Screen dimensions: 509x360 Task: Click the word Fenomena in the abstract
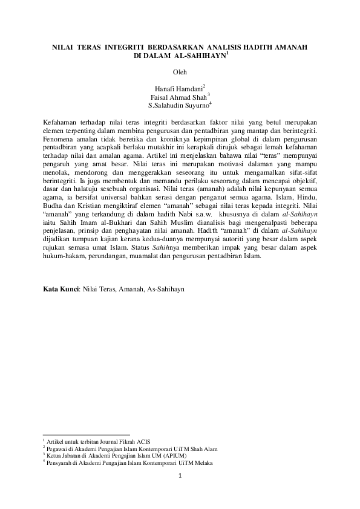[60, 139]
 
